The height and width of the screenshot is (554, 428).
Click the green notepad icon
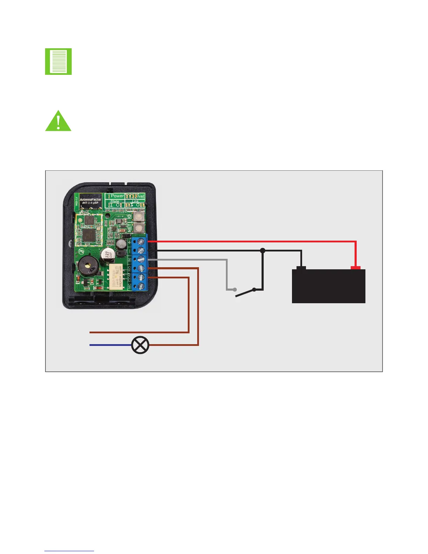(x=58, y=62)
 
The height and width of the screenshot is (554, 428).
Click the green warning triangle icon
(x=58, y=122)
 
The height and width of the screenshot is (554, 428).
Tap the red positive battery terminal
(x=356, y=268)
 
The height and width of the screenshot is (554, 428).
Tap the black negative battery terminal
(x=301, y=268)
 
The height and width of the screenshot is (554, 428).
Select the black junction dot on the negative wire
(x=263, y=250)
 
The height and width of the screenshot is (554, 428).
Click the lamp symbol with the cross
(x=140, y=345)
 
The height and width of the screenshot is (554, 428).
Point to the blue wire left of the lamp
(x=110, y=345)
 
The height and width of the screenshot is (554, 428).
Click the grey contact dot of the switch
(x=235, y=290)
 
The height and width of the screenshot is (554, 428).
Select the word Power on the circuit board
(x=117, y=196)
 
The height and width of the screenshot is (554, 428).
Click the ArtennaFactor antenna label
(x=90, y=201)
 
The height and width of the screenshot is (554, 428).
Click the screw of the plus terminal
(x=141, y=241)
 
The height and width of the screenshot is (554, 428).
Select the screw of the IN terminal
(x=141, y=259)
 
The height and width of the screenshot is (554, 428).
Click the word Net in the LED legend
(x=141, y=196)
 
